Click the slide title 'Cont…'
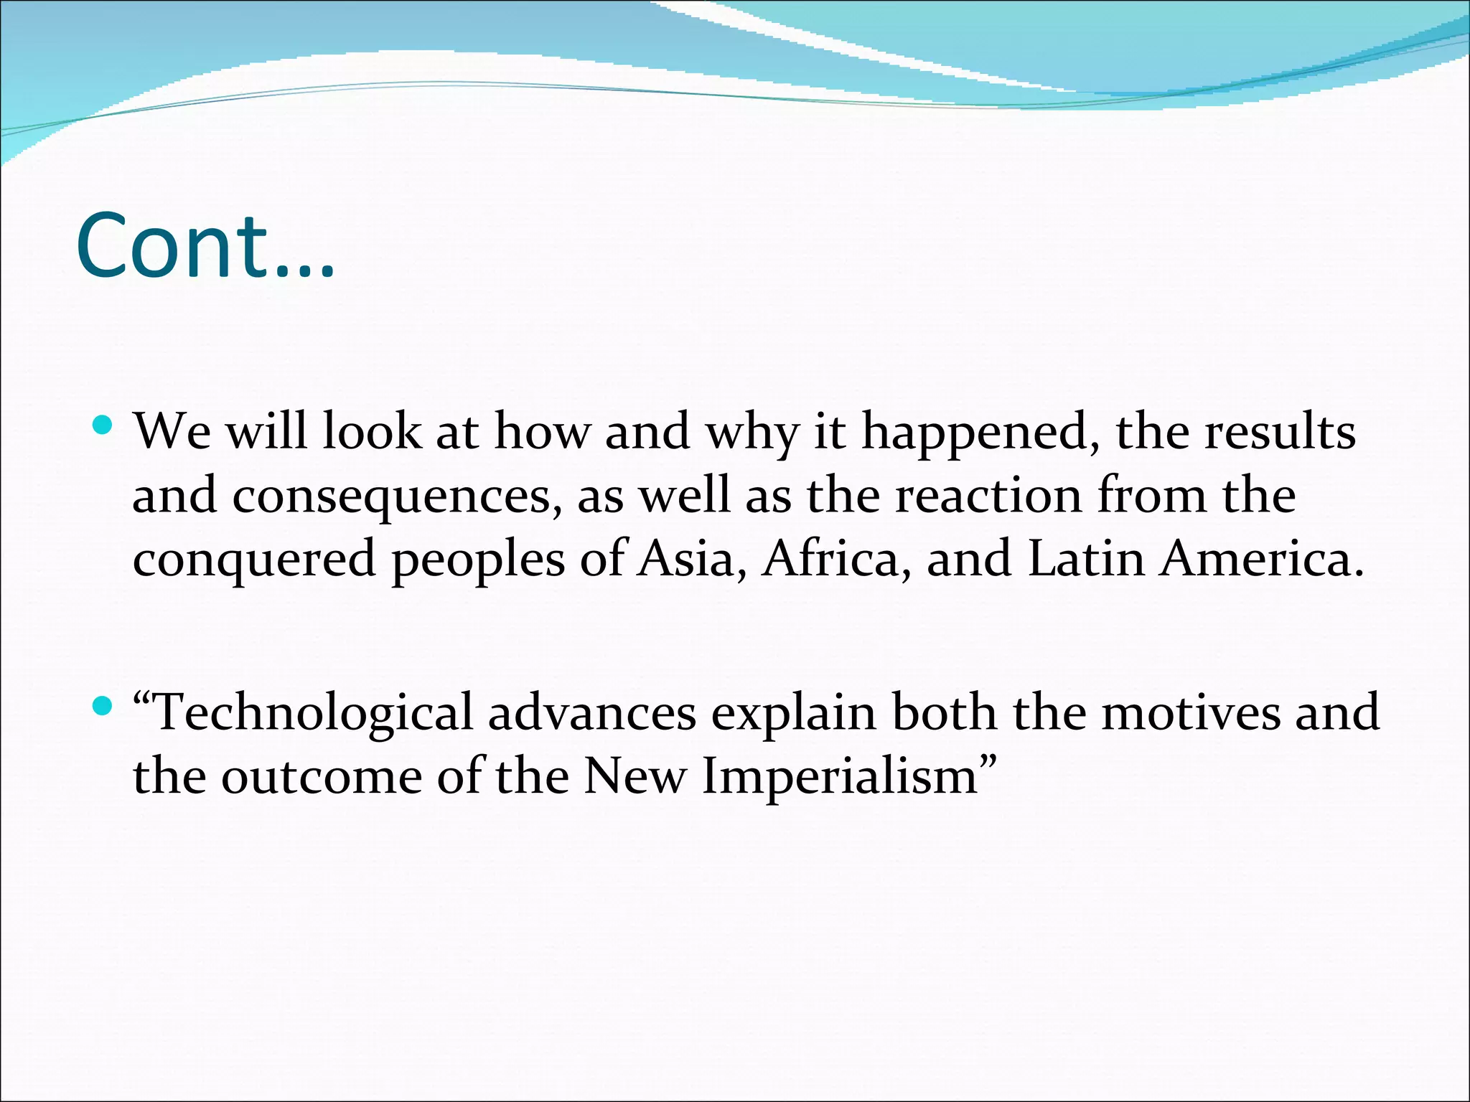[x=205, y=245]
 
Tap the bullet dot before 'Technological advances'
[x=103, y=707]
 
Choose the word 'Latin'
[x=1086, y=560]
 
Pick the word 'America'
[x=1260, y=560]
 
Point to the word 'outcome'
[x=321, y=778]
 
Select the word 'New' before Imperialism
[x=635, y=778]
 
